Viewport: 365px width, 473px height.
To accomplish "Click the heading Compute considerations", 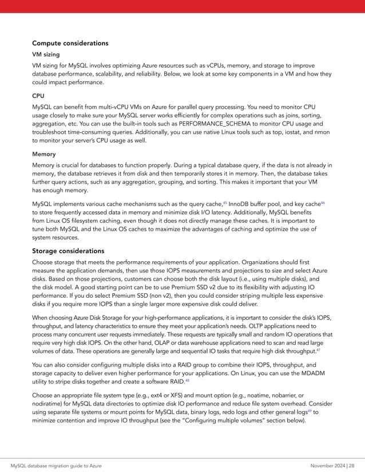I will tap(70, 43).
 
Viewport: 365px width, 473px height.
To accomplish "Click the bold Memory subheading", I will tap(44, 154).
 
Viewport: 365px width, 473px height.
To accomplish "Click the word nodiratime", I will tap(50, 401).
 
